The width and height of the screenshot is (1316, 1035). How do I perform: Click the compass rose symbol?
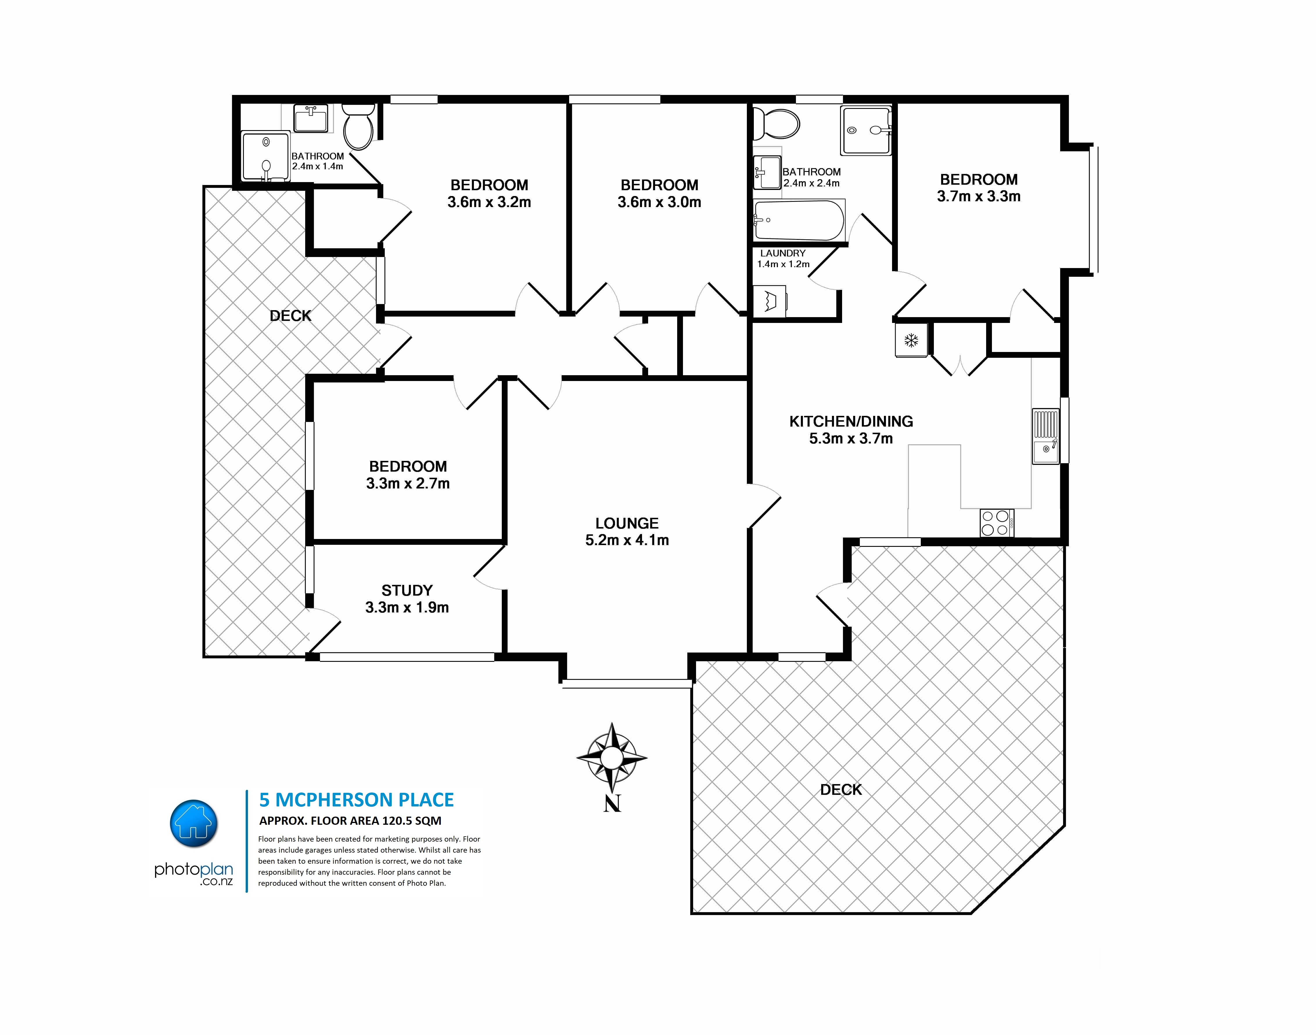pyautogui.click(x=611, y=757)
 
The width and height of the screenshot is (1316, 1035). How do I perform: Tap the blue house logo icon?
pyautogui.click(x=194, y=823)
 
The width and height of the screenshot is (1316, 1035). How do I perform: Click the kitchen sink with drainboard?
pyautogui.click(x=1046, y=436)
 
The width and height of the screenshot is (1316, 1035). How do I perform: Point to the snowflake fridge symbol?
pyautogui.click(x=911, y=340)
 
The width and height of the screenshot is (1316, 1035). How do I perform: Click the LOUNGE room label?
pyautogui.click(x=626, y=523)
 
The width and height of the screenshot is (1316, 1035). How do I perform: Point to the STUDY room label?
pyautogui.click(x=407, y=590)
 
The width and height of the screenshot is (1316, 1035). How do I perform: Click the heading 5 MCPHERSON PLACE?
pyautogui.click(x=356, y=800)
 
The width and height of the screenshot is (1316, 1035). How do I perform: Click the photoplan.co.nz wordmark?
pyautogui.click(x=194, y=873)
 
